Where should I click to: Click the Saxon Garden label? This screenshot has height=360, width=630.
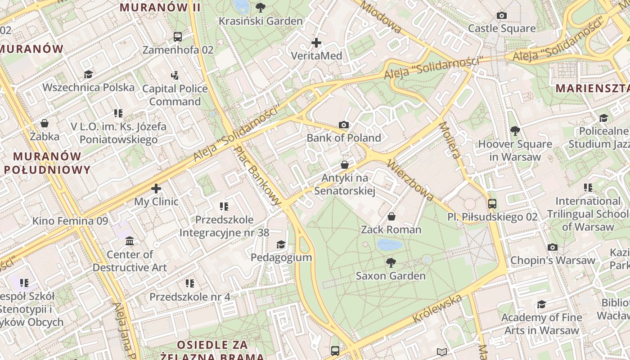(391, 275)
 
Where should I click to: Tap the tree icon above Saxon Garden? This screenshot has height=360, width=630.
(391, 262)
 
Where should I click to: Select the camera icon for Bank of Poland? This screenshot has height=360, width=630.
(344, 125)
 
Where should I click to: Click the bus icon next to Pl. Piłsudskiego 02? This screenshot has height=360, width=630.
(492, 203)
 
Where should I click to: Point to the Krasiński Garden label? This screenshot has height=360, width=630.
(261, 21)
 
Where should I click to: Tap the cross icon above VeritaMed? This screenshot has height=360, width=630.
(316, 43)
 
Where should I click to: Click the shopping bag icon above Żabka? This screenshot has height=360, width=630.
(45, 123)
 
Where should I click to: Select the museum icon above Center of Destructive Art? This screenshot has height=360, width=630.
(130, 241)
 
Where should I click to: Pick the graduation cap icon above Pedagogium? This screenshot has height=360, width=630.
(281, 244)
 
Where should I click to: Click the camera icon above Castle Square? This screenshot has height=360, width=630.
(502, 16)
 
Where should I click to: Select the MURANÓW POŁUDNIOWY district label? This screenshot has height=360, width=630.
(47, 163)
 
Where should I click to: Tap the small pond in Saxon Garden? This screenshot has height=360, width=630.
(389, 245)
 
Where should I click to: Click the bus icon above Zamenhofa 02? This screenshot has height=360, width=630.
(178, 36)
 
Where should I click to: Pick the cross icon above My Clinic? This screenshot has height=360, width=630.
(156, 189)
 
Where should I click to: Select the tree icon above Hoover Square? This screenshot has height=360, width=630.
(515, 131)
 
